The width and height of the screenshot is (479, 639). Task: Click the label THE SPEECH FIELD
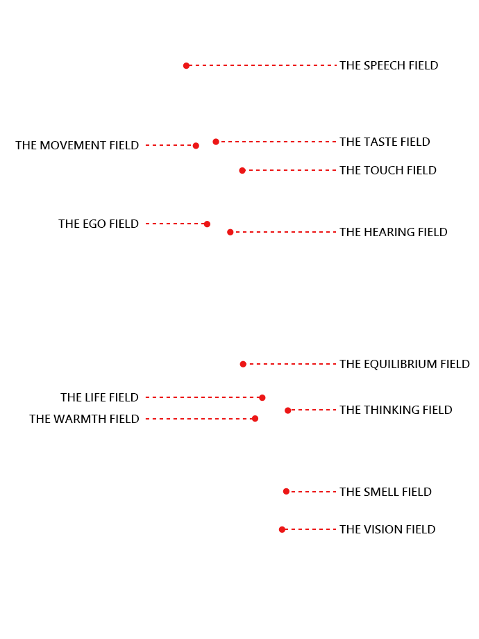point(389,66)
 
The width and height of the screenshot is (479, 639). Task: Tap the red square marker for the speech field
point(186,66)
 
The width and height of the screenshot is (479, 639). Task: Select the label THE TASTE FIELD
point(385,142)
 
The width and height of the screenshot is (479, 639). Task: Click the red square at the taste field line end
point(216,142)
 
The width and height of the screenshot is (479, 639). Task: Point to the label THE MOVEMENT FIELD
point(77,146)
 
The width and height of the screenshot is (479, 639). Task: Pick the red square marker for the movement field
point(196,146)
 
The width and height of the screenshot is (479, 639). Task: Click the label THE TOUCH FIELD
point(388,171)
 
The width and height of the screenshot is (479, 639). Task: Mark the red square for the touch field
point(242,171)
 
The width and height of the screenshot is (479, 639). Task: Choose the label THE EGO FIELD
point(99,224)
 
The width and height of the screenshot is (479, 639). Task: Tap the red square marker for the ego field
point(207,224)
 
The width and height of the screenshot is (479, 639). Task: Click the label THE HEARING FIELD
point(393,233)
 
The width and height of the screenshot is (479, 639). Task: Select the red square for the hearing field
point(230,232)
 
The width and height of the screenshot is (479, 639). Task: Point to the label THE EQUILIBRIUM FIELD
point(405,365)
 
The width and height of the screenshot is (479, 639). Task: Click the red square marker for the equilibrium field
point(243,364)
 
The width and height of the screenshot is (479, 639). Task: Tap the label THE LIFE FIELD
point(99,398)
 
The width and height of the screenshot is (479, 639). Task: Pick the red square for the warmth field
point(255,419)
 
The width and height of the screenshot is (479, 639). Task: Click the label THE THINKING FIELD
point(396,410)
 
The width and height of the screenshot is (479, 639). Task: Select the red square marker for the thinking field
point(288,410)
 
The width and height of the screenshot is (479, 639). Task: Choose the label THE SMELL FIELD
point(385,492)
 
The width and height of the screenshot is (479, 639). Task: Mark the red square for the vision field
point(282,529)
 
